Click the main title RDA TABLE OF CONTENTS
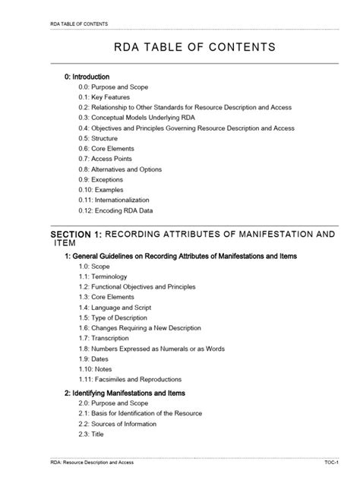pos(179,48)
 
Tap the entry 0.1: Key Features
pos(104,97)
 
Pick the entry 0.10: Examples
pos(101,190)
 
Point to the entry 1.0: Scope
pos(95,267)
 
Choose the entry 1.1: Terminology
pos(103,277)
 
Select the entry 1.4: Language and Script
pos(115,308)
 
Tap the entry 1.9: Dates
pos(95,358)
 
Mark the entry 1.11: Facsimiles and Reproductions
pos(130,379)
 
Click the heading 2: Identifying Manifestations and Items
pos(125,393)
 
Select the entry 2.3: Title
pos(92,434)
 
